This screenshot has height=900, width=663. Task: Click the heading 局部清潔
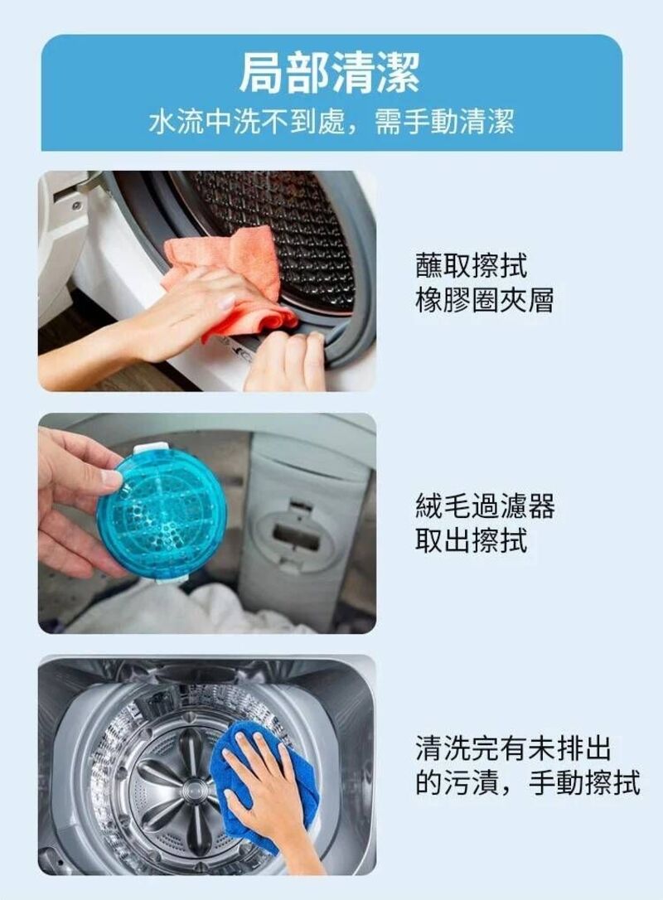coord(331,72)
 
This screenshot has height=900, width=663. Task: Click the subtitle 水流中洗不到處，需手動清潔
coord(331,122)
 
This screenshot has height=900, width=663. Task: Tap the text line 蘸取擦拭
coord(471,266)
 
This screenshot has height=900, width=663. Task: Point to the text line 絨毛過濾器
coord(484,506)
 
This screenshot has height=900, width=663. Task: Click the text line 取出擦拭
coord(471,540)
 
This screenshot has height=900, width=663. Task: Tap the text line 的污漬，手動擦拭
coord(527,782)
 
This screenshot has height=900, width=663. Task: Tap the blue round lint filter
coord(161,514)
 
